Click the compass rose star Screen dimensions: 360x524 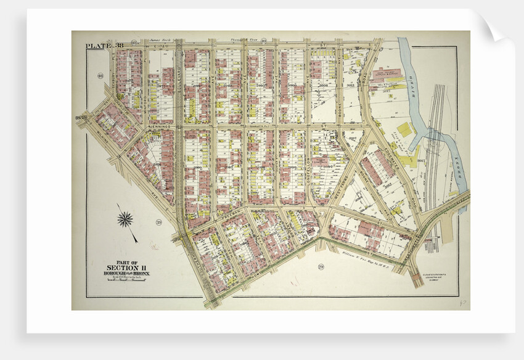coord(125,218)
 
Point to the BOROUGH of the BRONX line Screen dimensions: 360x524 coord(126,273)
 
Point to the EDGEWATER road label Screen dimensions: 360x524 coord(391,151)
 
